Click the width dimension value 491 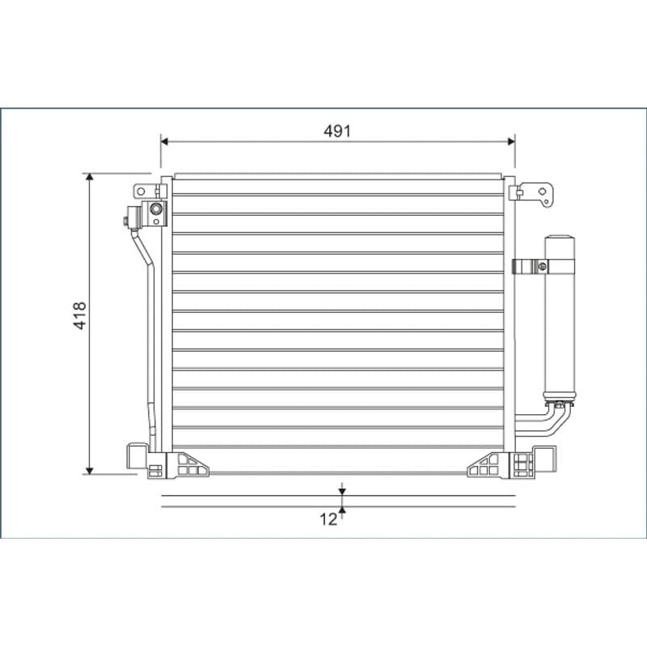336,131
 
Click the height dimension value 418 79,315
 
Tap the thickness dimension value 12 328,519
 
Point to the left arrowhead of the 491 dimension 165,142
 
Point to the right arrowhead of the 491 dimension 511,142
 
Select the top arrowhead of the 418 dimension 90,177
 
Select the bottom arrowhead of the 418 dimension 90,471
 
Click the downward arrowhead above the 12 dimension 342,492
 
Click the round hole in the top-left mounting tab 141,192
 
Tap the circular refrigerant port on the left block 156,209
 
